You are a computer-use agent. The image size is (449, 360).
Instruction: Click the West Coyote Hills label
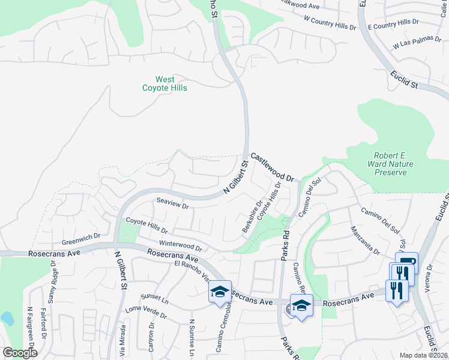click(x=164, y=83)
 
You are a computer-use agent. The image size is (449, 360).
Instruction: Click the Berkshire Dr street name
click(x=252, y=217)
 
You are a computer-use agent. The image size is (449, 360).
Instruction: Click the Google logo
click(x=20, y=353)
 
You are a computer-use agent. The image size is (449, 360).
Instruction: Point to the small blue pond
click(x=7, y=318)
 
